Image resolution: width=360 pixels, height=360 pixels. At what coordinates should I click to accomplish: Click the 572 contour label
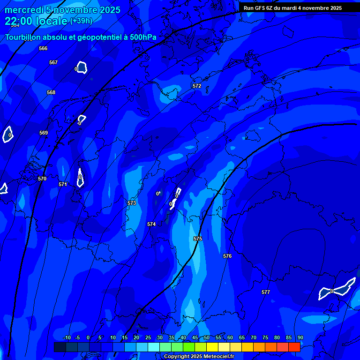tap(197, 86)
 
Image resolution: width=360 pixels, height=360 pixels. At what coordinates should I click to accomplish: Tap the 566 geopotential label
tap(43, 48)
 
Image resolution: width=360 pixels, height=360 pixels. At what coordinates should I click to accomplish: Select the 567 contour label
tap(53, 62)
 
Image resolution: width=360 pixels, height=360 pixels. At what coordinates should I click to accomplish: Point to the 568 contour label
tap(51, 92)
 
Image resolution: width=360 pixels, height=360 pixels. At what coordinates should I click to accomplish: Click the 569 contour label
tap(44, 133)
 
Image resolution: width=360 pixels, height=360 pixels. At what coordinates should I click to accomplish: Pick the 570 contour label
tap(42, 179)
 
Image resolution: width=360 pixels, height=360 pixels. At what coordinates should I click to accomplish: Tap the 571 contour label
tap(63, 184)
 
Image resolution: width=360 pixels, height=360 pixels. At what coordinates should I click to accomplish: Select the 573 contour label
tap(132, 203)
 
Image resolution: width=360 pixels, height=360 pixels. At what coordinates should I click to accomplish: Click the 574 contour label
tap(151, 225)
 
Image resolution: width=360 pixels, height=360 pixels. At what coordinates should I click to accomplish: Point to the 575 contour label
tap(198, 239)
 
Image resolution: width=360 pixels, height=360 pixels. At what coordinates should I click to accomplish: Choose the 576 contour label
tap(227, 256)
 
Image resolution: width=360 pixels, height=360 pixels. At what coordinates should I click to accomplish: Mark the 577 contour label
tap(266, 292)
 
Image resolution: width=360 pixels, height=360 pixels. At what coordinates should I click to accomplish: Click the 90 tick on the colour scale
tap(300, 337)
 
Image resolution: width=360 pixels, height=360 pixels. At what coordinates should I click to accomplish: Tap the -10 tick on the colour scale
tap(67, 337)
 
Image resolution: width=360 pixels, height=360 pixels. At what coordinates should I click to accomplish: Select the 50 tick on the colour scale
tap(207, 337)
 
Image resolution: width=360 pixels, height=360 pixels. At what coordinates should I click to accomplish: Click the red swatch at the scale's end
tap(294, 347)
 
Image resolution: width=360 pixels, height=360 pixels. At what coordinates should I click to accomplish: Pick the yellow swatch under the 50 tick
tap(212, 347)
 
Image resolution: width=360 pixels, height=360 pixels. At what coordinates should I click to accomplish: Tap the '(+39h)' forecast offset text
tap(81, 21)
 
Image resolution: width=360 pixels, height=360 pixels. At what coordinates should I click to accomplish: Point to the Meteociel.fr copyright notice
tap(199, 357)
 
